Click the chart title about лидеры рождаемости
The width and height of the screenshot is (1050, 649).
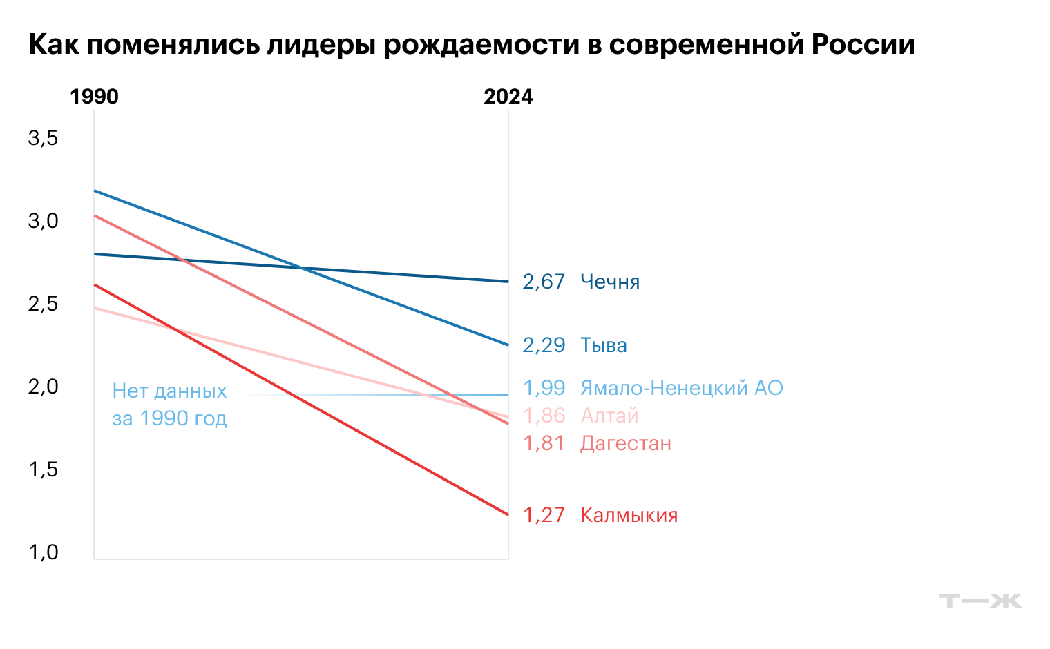click(x=471, y=44)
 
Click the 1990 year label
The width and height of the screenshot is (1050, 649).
click(x=94, y=97)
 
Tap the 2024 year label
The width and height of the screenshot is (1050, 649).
click(x=508, y=97)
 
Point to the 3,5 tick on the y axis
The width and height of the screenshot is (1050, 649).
click(x=43, y=138)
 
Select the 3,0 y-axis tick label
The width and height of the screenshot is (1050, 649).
click(x=43, y=221)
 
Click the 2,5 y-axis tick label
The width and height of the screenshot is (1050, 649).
click(x=43, y=304)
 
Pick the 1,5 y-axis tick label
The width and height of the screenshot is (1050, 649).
click(x=43, y=469)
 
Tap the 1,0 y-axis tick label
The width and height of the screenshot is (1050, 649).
click(x=43, y=552)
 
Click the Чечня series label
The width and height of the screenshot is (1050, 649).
click(x=610, y=282)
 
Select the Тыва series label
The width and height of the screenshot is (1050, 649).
click(x=603, y=345)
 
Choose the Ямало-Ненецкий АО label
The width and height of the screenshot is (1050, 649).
click(x=681, y=388)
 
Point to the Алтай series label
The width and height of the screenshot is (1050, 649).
click(x=609, y=416)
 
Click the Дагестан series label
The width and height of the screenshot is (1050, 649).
click(x=625, y=443)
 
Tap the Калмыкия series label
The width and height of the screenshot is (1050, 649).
click(x=629, y=515)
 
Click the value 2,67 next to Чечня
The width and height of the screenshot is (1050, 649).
click(x=544, y=282)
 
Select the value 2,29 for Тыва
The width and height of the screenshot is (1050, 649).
click(x=544, y=345)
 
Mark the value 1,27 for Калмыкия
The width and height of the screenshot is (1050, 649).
click(x=544, y=515)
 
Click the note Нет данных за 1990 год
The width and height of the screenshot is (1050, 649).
click(x=169, y=405)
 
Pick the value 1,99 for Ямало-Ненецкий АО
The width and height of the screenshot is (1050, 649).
click(x=544, y=388)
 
